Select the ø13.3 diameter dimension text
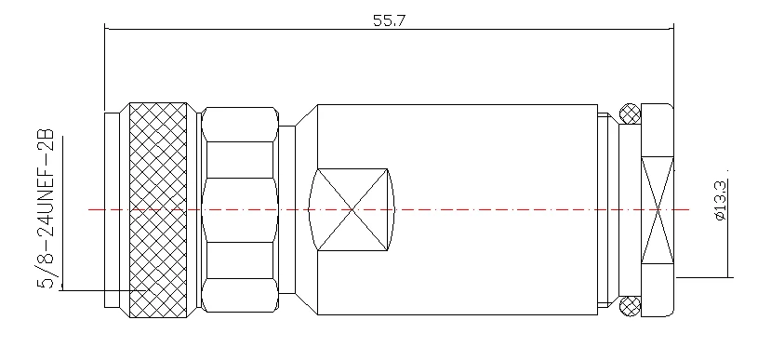pos(721,200)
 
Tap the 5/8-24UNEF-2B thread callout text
pos(46,208)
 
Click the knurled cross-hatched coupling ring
pos(158,210)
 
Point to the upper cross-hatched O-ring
pos(630,114)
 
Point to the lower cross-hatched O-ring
pos(630,306)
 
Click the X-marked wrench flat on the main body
pos(352,210)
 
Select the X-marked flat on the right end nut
pos(658,210)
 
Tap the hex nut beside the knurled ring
pos(240,210)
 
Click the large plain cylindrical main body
pos(458,210)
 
